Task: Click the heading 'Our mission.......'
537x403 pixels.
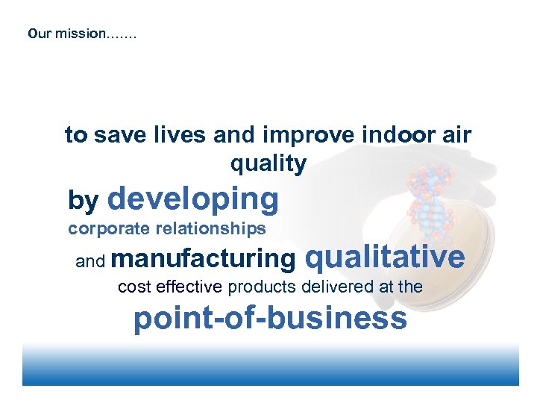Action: click(82, 34)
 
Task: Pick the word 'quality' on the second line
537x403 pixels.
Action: click(268, 163)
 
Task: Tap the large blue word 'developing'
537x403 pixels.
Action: click(193, 199)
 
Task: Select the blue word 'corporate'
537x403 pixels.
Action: click(108, 228)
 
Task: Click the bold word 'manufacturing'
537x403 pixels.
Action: click(207, 259)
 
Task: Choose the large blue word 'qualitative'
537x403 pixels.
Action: click(385, 257)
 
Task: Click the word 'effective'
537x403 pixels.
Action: click(186, 287)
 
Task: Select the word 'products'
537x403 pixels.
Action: click(258, 287)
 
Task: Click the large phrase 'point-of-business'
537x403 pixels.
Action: click(270, 319)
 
